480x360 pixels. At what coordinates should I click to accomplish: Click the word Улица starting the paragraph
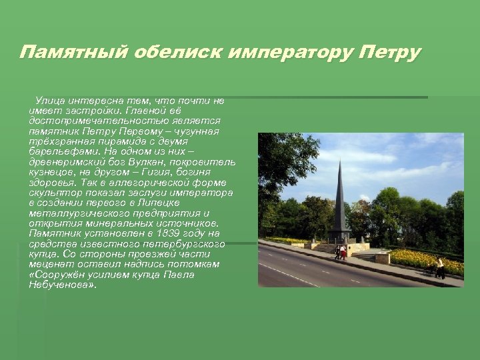coord(51,101)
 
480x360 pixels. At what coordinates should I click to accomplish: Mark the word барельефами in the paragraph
coord(61,151)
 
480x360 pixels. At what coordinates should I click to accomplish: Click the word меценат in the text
coord(49,264)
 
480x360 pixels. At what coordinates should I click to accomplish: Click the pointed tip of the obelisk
coord(341,161)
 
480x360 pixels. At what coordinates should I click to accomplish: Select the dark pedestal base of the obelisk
coord(339,236)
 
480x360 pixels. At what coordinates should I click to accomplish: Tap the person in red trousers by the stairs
coord(343,252)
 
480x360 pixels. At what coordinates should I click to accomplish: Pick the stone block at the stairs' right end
coord(382,257)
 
